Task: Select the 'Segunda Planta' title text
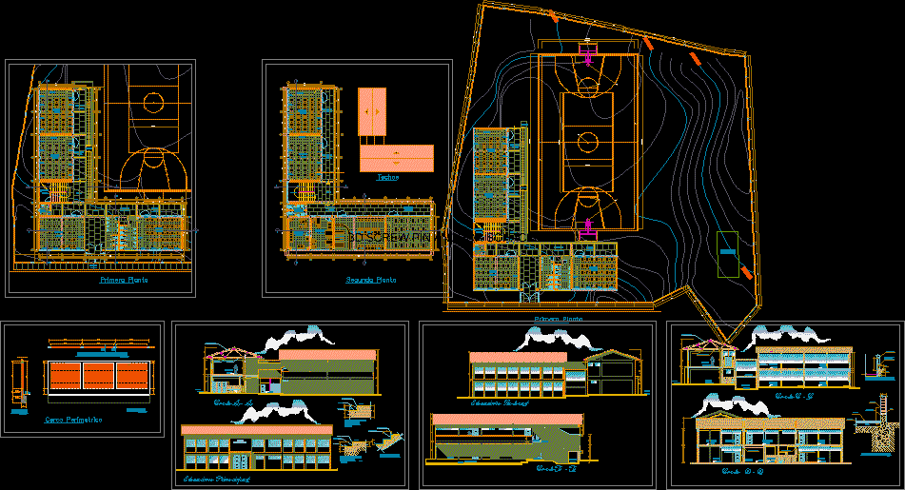point(371,281)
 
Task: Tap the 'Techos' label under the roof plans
point(387,177)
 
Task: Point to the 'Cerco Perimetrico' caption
point(74,419)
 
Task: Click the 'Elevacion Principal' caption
point(217,480)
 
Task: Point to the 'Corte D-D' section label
point(738,471)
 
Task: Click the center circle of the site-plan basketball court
point(588,143)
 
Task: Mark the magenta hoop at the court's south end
point(589,226)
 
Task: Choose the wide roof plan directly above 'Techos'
point(397,157)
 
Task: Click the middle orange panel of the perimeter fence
point(98,372)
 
